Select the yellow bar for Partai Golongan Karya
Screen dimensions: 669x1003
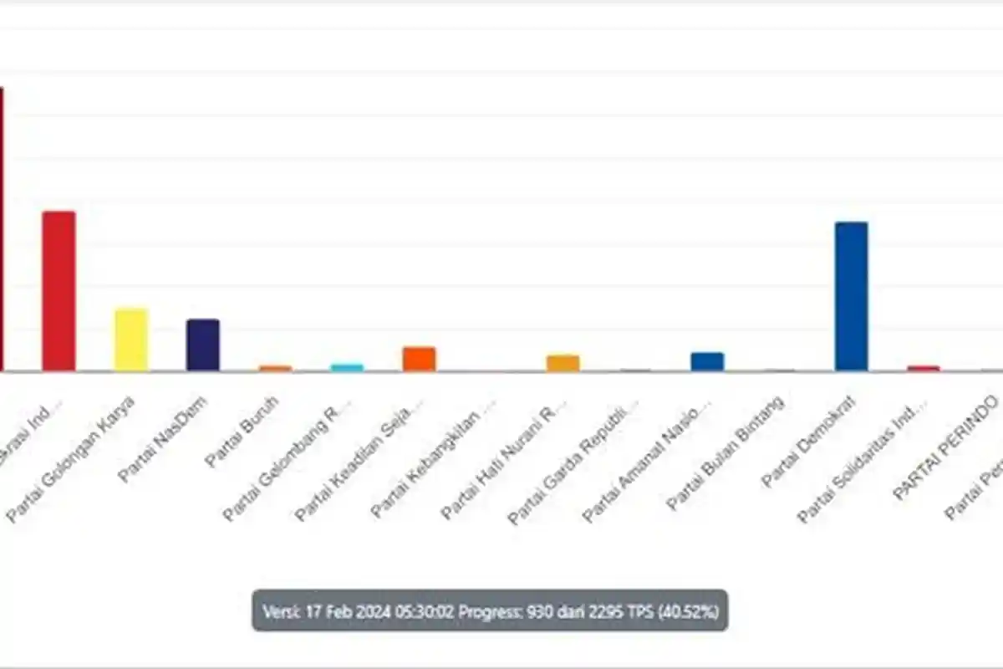[x=131, y=340]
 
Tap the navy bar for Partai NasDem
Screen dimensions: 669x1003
[x=202, y=345]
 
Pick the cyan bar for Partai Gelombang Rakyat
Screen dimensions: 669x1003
[x=347, y=367]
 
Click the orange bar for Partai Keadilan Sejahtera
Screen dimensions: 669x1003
[x=419, y=359]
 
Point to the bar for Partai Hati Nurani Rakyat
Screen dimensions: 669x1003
[x=563, y=363]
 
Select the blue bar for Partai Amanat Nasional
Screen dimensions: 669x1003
[x=707, y=361]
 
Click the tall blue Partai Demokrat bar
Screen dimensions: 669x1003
[x=851, y=297]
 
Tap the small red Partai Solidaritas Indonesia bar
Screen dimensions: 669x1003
[x=924, y=368]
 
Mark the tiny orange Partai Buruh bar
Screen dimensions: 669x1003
[x=275, y=368]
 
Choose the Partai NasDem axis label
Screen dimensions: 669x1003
[x=163, y=439]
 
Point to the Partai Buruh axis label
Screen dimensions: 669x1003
[x=242, y=432]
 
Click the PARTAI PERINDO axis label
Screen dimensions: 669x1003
[x=945, y=448]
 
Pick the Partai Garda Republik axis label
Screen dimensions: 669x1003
[x=574, y=461]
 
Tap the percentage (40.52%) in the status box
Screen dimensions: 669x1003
[x=689, y=611]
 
